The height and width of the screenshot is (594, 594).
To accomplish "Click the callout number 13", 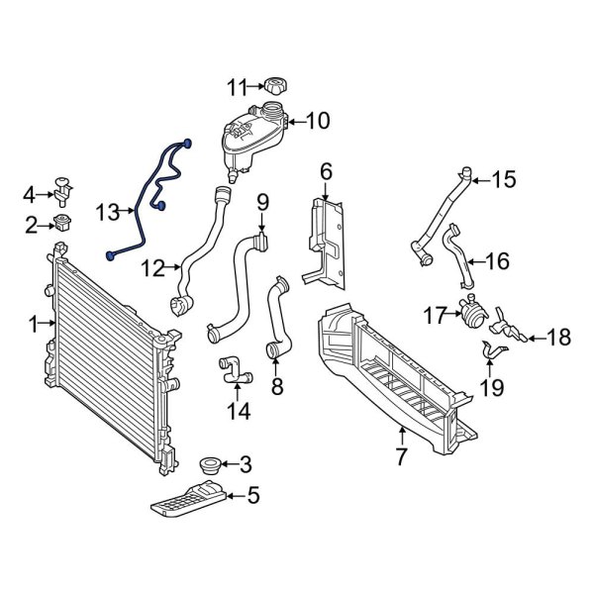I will coord(108,211).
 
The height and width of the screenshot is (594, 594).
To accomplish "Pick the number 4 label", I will coord(30,193).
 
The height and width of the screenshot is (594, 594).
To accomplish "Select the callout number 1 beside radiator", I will coord(33,324).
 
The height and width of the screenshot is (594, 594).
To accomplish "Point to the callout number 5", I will coord(252,494).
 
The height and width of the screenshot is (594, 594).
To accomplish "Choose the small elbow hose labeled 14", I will coord(231,369).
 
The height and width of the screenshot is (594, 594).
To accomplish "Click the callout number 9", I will coord(262,203).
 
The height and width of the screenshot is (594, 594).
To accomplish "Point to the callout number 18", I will coord(558,339).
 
